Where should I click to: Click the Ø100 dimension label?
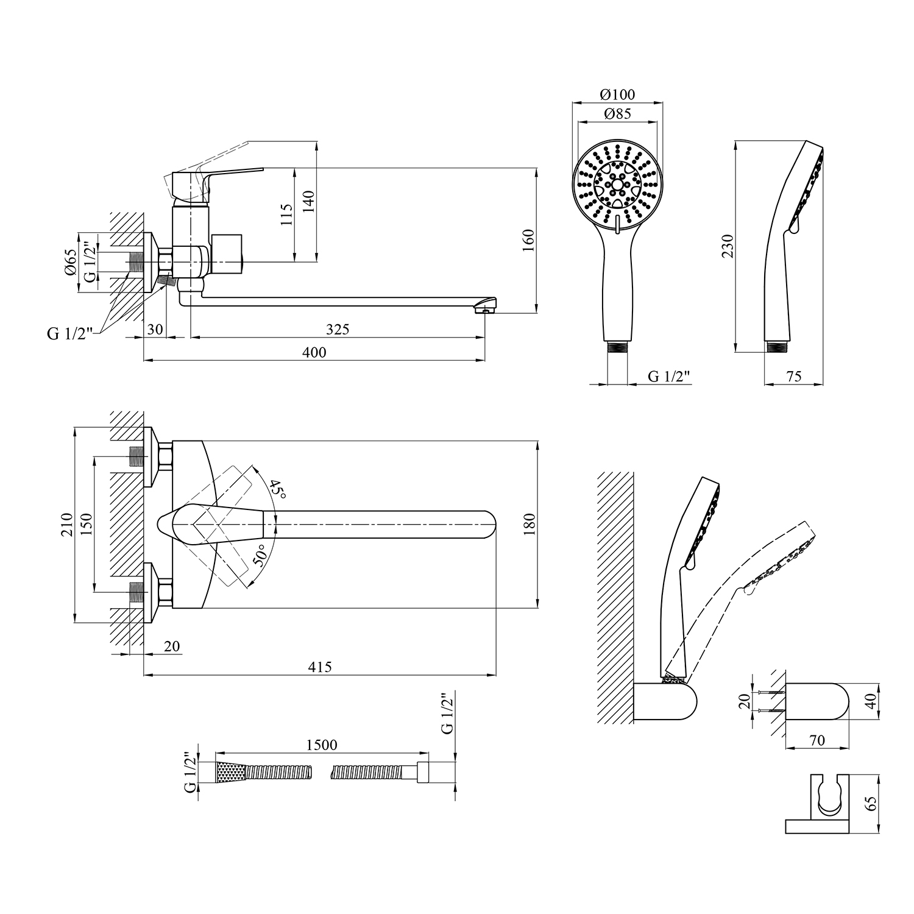pos(617,94)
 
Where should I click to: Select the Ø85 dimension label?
pos(617,113)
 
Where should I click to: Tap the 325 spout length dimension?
pos(338,329)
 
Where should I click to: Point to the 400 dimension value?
pos(314,352)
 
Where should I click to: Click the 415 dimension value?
pos(320,667)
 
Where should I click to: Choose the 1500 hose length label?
pos(322,745)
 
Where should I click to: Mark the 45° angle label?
pos(278,489)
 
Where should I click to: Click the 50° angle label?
pos(261,556)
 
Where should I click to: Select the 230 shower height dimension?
pos(728,246)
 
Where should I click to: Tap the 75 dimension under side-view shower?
pos(794,377)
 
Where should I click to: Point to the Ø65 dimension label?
pos(71,262)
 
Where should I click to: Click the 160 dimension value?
pos(528,240)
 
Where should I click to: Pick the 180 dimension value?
pos(528,525)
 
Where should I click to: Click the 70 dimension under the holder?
pos(817,740)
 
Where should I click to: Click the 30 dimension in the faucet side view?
pos(155,329)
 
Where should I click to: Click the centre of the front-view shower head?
pos(617,182)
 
